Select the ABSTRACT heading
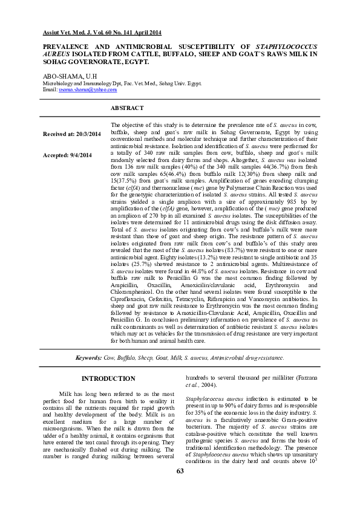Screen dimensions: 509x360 click(127, 108)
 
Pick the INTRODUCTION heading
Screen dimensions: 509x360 click(108, 378)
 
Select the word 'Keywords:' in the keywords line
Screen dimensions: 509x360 click(88, 358)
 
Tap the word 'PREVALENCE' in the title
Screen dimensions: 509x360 click(68, 46)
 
